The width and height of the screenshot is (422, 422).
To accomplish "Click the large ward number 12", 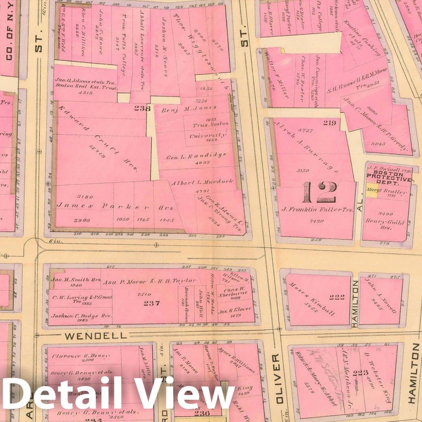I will pyautogui.click(x=320, y=192).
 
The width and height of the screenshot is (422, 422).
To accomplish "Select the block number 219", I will pyautogui.click(x=329, y=123).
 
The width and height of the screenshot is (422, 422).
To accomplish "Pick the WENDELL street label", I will pyautogui.click(x=95, y=335).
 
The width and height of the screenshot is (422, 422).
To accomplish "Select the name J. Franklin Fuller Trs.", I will pyautogui.click(x=318, y=210).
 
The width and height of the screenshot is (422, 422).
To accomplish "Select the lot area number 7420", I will pyautogui.click(x=316, y=221).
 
